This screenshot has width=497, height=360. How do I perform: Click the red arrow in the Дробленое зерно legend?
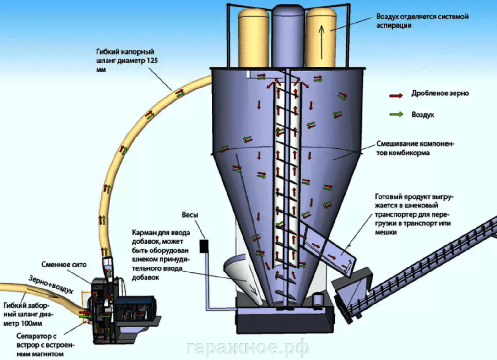click(x=396, y=95)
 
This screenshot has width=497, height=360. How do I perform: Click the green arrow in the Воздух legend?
click(x=396, y=114)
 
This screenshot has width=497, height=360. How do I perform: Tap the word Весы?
click(x=190, y=215)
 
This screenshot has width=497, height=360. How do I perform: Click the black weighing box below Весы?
click(x=204, y=246)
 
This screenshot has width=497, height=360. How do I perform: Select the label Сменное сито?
click(x=64, y=264)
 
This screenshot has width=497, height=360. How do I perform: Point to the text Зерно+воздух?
click(x=51, y=284)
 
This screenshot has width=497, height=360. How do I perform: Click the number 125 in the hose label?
click(x=152, y=60)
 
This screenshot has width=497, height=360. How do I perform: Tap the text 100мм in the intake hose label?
click(x=32, y=323)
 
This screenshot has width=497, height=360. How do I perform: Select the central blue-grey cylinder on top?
click(x=287, y=36)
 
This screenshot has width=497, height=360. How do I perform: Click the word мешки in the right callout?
click(x=386, y=232)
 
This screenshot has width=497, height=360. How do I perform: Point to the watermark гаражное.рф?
click(x=248, y=347)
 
